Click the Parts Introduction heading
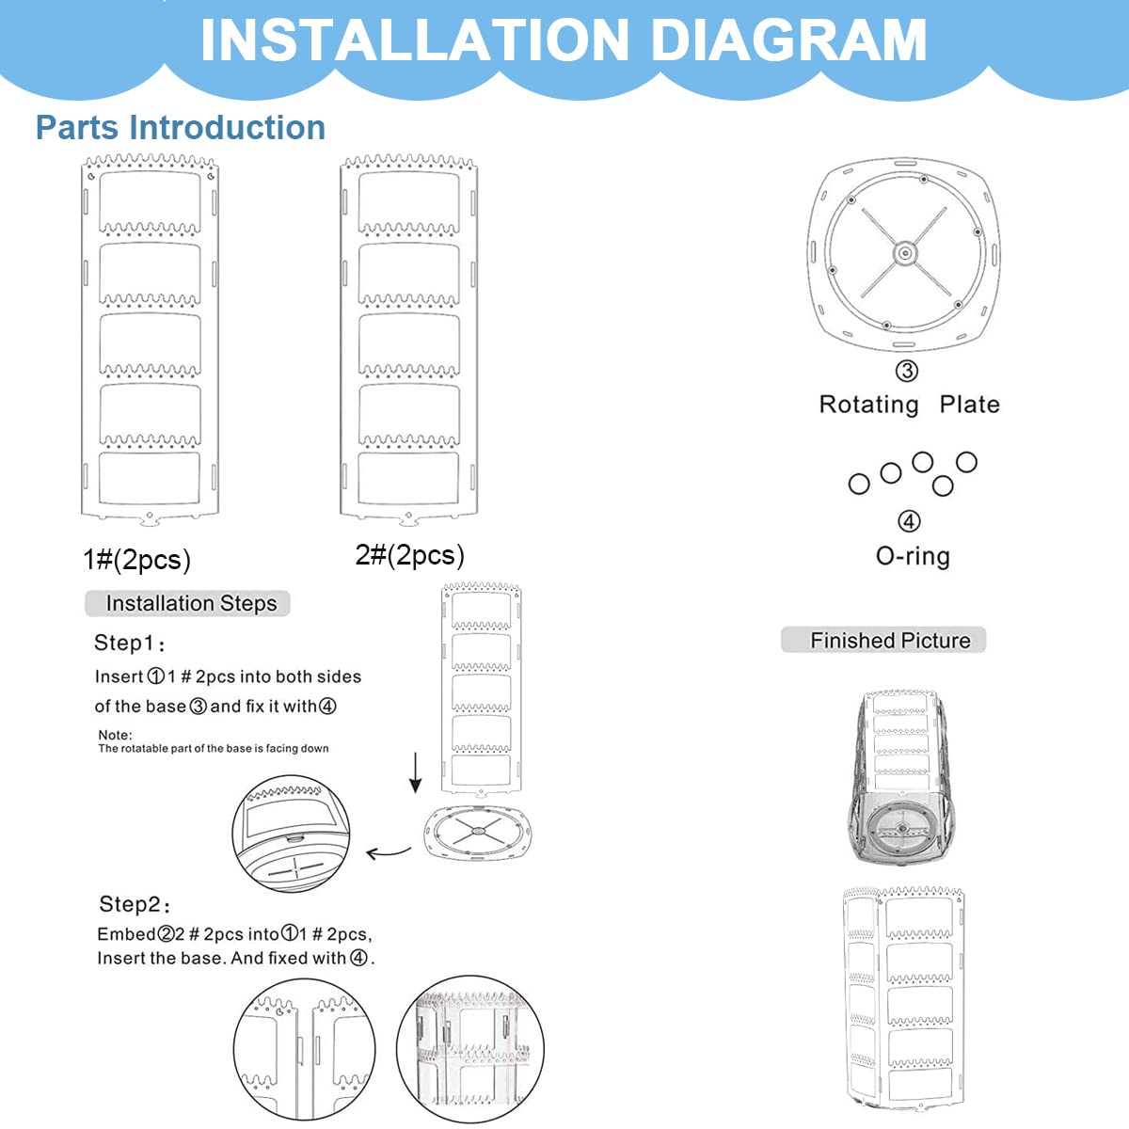click(x=181, y=127)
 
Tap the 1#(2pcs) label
click(x=137, y=560)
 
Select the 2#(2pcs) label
click(x=409, y=555)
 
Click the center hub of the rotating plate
click(x=904, y=252)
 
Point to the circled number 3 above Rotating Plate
click(x=906, y=371)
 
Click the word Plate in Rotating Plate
click(x=969, y=405)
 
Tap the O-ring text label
click(x=913, y=556)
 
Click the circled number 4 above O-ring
click(x=908, y=521)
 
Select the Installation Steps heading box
click(x=188, y=603)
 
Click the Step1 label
click(x=129, y=644)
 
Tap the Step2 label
click(x=135, y=905)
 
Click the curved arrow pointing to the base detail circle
click(x=389, y=852)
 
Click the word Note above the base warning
click(x=115, y=735)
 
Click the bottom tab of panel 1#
click(x=149, y=517)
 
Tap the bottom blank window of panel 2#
click(x=408, y=478)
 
